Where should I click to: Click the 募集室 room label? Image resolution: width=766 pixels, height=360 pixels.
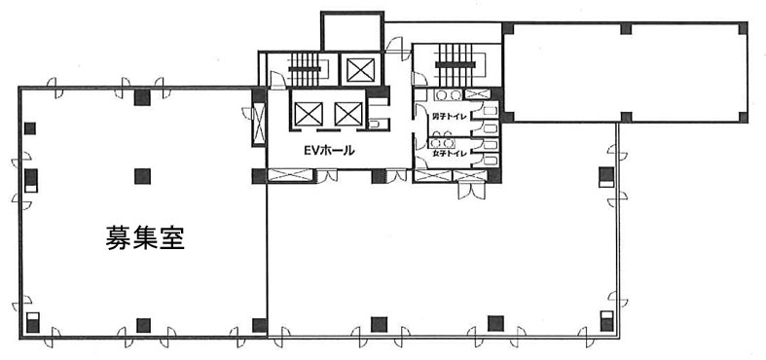145,237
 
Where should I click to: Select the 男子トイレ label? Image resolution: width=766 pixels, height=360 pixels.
450,117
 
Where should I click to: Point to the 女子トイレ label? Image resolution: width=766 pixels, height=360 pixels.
450,154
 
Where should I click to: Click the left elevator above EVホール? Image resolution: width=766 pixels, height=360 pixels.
309,114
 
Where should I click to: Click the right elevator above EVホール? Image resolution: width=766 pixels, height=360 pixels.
348,114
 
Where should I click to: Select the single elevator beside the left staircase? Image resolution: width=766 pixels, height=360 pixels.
360,70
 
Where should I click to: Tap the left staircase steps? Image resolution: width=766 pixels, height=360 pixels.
304,69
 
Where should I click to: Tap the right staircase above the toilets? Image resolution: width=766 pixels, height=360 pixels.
456,64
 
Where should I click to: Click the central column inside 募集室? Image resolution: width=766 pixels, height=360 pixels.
142,176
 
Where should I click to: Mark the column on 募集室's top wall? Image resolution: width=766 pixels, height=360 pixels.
142,97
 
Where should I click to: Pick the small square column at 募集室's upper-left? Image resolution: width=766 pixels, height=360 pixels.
30,128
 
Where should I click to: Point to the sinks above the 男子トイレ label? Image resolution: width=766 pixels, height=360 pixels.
449,94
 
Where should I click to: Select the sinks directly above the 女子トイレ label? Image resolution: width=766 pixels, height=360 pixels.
442,143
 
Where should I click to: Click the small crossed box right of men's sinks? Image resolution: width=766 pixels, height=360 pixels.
476,94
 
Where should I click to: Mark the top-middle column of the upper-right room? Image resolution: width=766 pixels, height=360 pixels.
626,29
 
